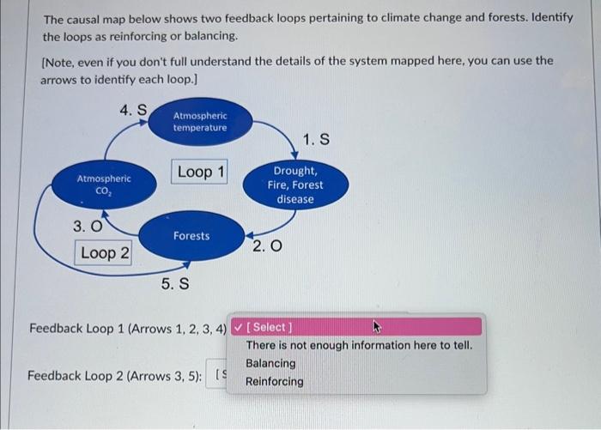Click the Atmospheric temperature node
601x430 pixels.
click(x=200, y=122)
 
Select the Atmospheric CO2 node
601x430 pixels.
click(x=104, y=185)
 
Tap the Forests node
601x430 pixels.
click(x=191, y=235)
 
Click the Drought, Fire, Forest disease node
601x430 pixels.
click(x=295, y=185)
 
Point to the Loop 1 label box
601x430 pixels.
click(x=201, y=173)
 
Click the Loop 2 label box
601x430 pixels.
click(x=105, y=253)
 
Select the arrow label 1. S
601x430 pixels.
click(x=316, y=139)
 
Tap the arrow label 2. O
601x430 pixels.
click(x=266, y=247)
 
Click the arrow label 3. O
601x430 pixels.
click(x=87, y=227)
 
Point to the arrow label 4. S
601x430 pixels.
click(x=133, y=110)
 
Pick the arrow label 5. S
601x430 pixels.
click(x=175, y=283)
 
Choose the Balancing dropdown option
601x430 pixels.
click(x=270, y=363)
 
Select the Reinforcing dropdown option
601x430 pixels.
click(x=274, y=381)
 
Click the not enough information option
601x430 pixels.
click(x=358, y=345)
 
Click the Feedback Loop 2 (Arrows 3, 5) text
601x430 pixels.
click(x=115, y=375)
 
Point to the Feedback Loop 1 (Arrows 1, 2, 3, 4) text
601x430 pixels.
click(x=128, y=328)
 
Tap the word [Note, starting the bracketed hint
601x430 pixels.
click(x=60, y=61)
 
